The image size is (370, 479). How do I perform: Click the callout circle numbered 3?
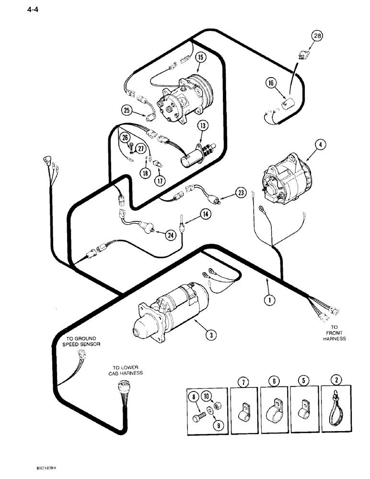(209, 335)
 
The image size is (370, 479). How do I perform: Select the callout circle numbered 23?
(240, 193)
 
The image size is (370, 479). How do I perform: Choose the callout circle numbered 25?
(126, 111)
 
